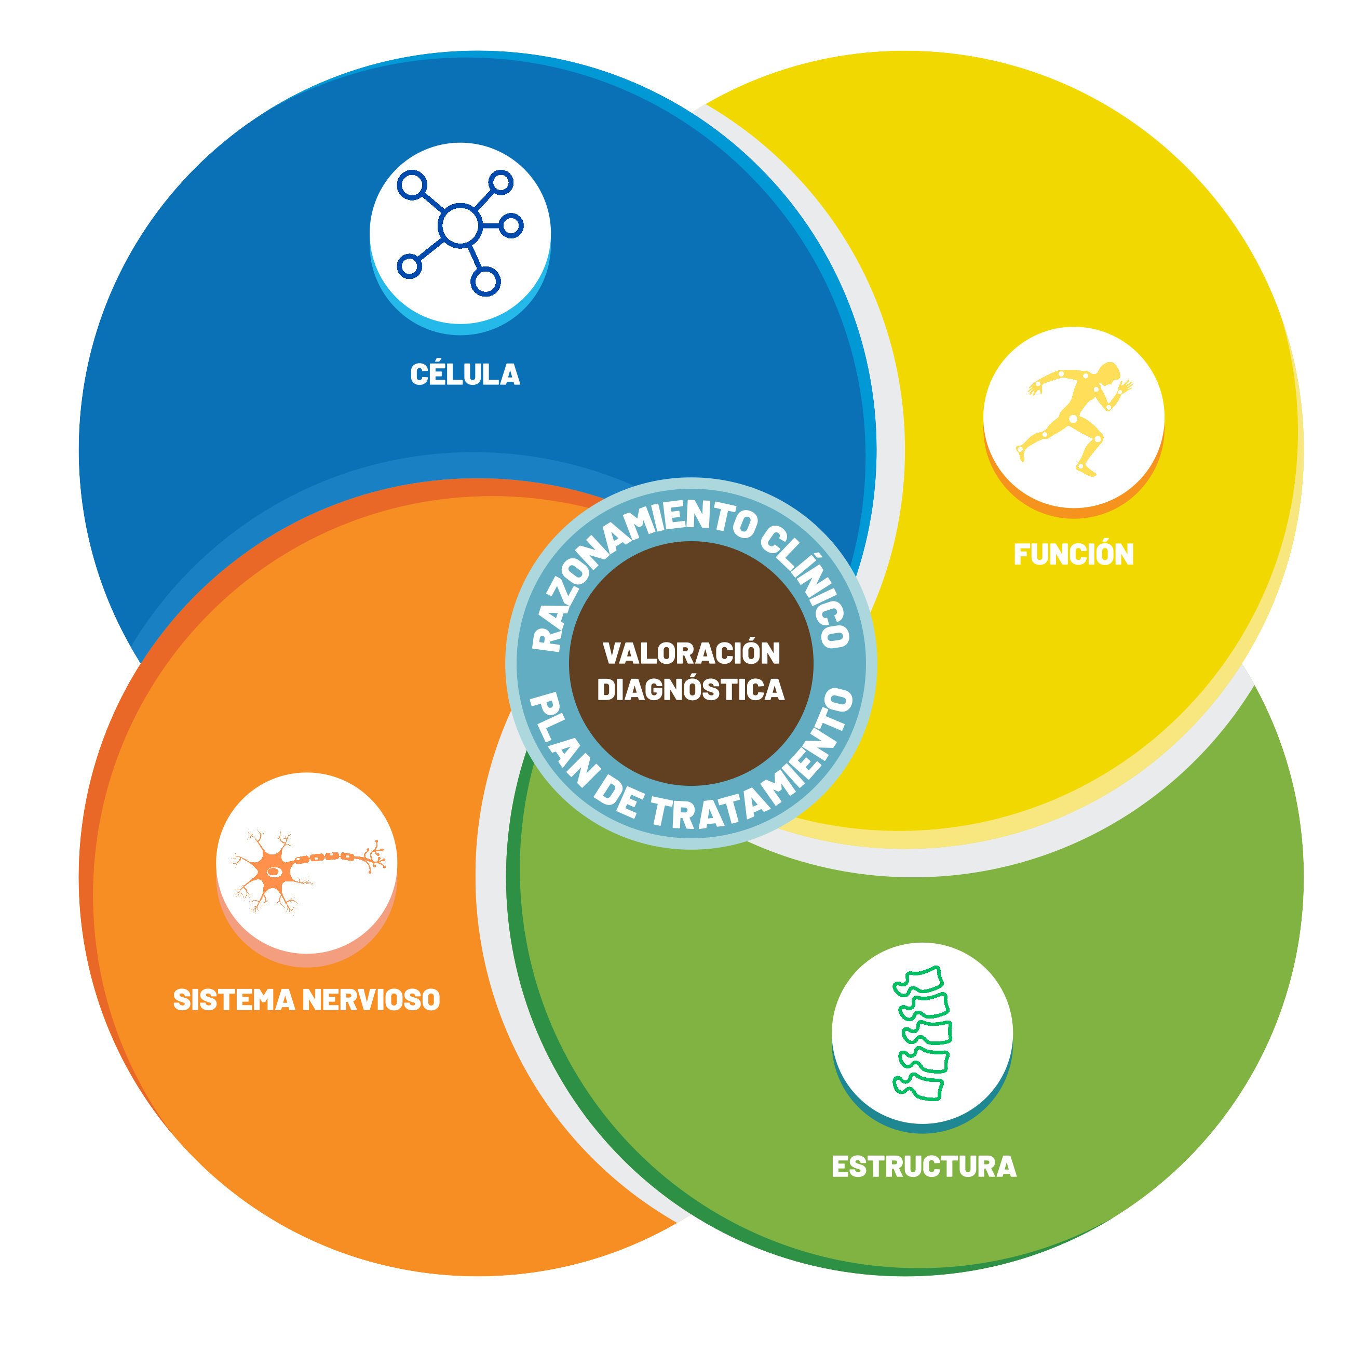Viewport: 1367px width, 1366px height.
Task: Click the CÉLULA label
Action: click(465, 374)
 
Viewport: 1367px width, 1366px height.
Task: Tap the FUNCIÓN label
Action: click(1073, 554)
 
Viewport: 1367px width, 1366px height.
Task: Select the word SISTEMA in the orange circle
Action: click(234, 1000)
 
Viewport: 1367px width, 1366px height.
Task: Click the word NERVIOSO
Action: click(371, 1000)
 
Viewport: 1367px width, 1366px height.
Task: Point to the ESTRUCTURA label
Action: click(924, 1167)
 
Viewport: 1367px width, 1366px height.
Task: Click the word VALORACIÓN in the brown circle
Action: click(691, 653)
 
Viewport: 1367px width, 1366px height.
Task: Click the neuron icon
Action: click(306, 871)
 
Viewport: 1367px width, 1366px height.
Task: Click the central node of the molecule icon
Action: click(460, 226)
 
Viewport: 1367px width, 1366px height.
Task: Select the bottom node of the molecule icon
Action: click(485, 282)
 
